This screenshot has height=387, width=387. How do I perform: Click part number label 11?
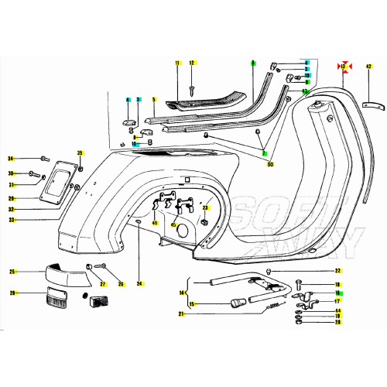tap(176, 62)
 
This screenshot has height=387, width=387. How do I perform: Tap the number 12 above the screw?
tap(192, 62)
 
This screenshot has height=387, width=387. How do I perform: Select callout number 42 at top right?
tap(369, 67)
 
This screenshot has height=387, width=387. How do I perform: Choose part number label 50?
tap(270, 165)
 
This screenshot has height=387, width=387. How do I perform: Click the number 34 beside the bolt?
tap(11, 157)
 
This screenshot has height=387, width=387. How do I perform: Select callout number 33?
tap(12, 220)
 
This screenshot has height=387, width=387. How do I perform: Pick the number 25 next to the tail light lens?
tap(12, 272)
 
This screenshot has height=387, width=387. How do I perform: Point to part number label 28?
tap(12, 293)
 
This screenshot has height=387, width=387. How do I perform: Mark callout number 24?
tap(139, 284)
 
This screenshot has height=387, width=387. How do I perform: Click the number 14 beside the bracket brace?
tap(182, 293)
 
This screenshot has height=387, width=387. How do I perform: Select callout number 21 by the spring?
tap(182, 313)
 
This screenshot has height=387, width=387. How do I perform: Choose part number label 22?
tap(337, 271)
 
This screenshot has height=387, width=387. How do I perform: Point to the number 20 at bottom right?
tap(337, 323)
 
